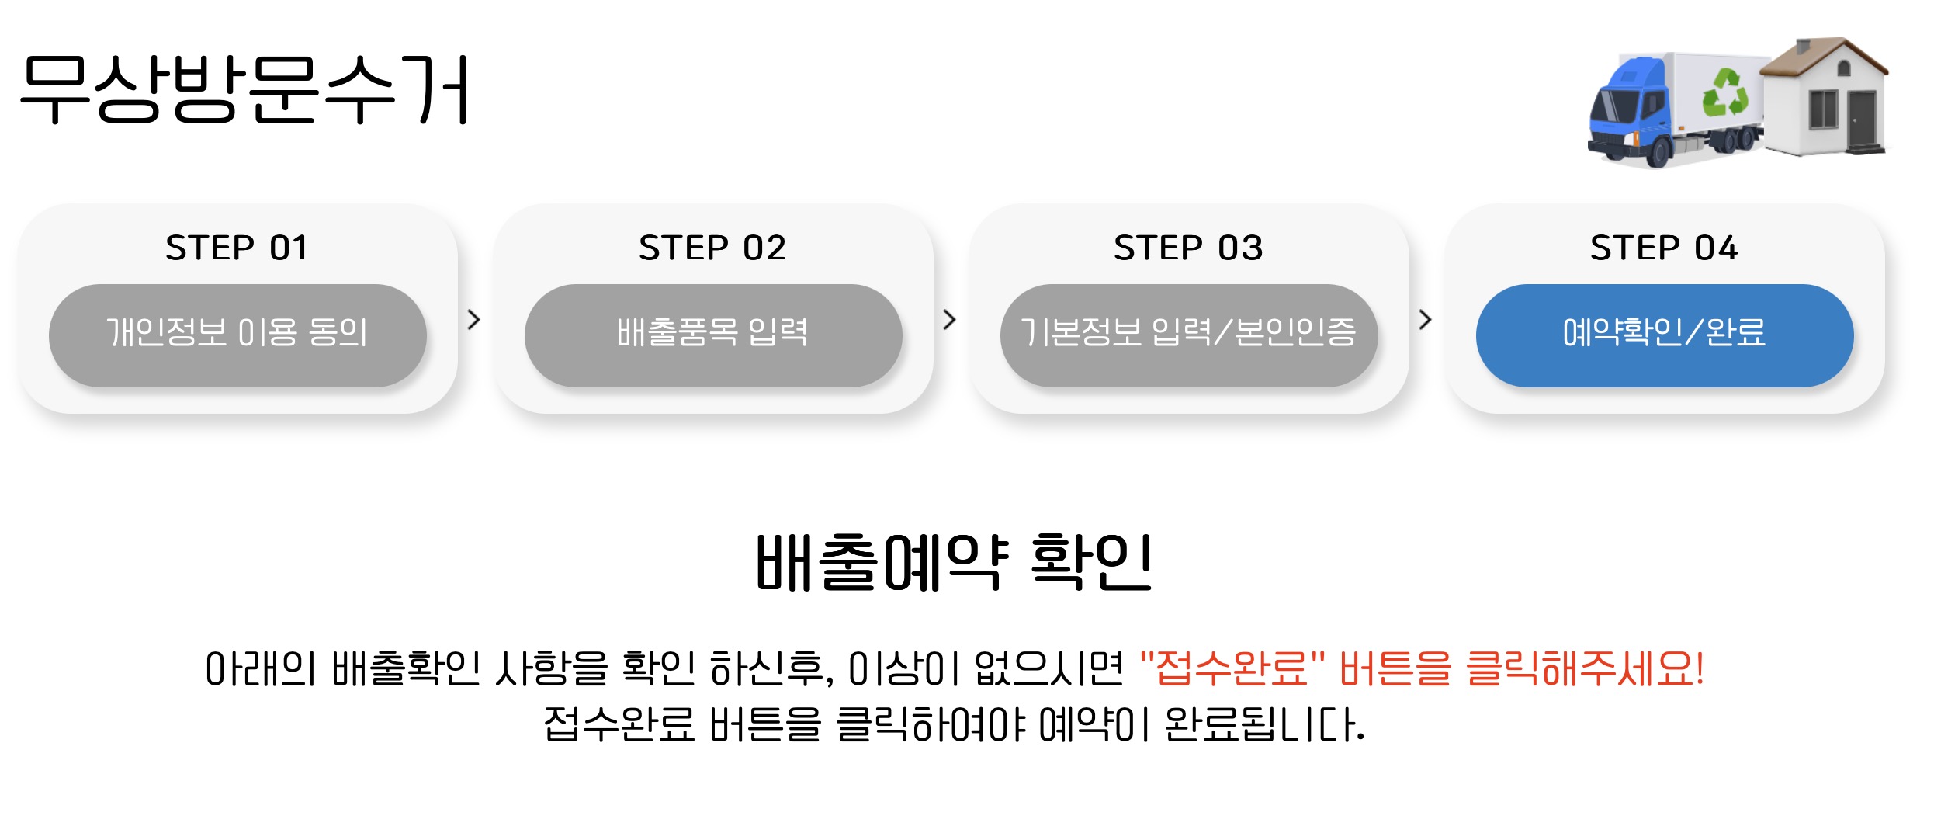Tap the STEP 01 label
click(x=237, y=248)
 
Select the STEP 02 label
click(x=712, y=248)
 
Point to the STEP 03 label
click(x=1188, y=248)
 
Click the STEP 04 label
click(x=1664, y=248)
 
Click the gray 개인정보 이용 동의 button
click(x=237, y=335)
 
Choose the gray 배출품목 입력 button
click(x=712, y=335)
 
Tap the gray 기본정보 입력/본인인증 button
click(x=1188, y=335)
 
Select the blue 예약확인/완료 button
click(x=1664, y=335)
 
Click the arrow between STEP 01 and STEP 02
click(x=474, y=320)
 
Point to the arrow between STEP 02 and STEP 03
click(x=949, y=320)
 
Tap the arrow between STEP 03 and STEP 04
click(x=1425, y=320)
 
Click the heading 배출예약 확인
click(x=954, y=563)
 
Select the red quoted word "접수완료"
click(x=1232, y=668)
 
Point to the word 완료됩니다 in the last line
click(x=1264, y=725)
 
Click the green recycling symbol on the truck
click(x=1724, y=93)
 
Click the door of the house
click(x=1860, y=120)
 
